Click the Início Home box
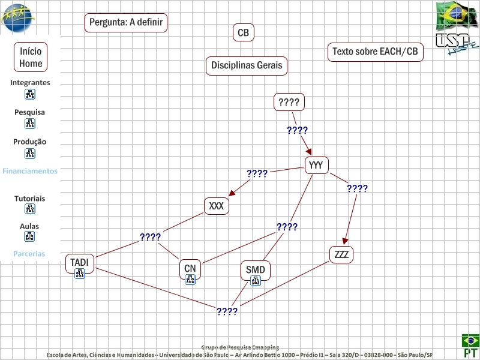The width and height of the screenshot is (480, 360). pos(31,57)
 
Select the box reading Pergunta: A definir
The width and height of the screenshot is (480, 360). pos(125,23)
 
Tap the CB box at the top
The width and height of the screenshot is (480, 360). pos(243,33)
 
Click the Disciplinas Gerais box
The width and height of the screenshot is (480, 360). pos(247,65)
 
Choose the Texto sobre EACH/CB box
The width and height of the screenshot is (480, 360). pos(375,52)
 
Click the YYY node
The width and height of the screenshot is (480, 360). pos(316,165)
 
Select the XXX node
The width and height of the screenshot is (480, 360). pos(216,206)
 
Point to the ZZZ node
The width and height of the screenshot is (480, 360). pos(341,254)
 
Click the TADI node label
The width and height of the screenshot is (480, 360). pos(79,262)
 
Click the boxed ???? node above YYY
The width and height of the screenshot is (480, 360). pos(289,102)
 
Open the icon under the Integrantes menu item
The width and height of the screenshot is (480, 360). pos(30,94)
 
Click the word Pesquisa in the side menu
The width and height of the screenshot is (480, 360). pos(30,112)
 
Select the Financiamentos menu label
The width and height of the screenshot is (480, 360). pos(30,171)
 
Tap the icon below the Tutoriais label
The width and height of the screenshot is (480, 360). pos(30,209)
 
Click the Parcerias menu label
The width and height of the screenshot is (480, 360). pos(29,254)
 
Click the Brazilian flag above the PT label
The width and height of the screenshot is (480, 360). pos(470,340)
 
